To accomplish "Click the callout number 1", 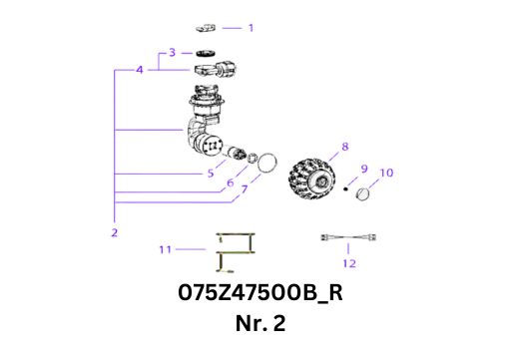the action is pyautogui.click(x=252, y=28).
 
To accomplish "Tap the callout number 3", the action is pyautogui.click(x=172, y=52).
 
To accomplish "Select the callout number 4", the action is pyautogui.click(x=140, y=70).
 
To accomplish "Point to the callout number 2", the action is pyautogui.click(x=115, y=232).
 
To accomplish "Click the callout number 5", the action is pyautogui.click(x=211, y=173).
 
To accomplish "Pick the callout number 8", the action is pyautogui.click(x=345, y=147).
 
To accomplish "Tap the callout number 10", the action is pyautogui.click(x=386, y=173).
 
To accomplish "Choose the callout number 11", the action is pyautogui.click(x=165, y=249).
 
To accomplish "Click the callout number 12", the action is pyautogui.click(x=349, y=263).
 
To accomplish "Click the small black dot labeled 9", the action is pyautogui.click(x=345, y=189).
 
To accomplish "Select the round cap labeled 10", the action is pyautogui.click(x=362, y=193).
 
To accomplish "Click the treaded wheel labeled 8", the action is pyautogui.click(x=311, y=180).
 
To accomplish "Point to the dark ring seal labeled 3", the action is pyautogui.click(x=205, y=53).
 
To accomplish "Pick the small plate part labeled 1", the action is pyautogui.click(x=206, y=28).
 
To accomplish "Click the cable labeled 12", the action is pyautogui.click(x=348, y=237).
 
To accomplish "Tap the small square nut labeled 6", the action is pyautogui.click(x=253, y=158).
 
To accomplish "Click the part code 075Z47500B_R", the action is pyautogui.click(x=260, y=292).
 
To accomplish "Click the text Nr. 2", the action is pyautogui.click(x=260, y=323).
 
